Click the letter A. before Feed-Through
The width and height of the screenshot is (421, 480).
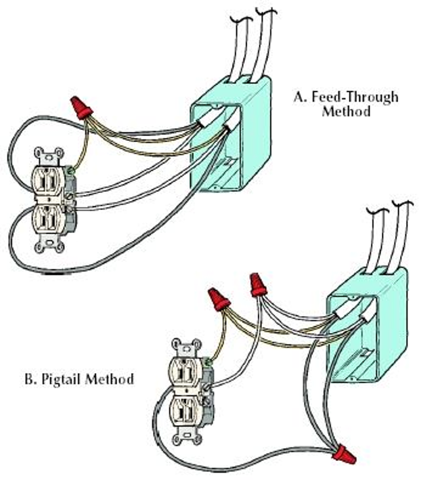coord(299,97)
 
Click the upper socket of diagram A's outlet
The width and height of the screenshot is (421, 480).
coord(47,177)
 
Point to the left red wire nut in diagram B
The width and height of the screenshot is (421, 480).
coord(218,298)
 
